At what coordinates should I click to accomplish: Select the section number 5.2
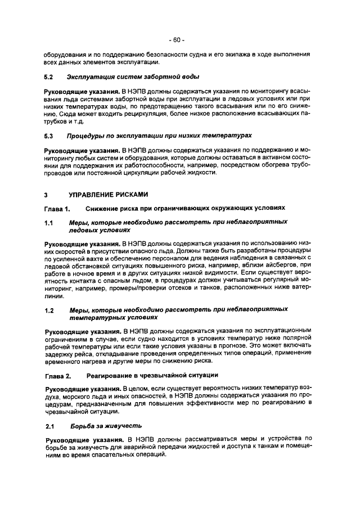[x=48, y=76]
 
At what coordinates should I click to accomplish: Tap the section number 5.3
[x=48, y=136]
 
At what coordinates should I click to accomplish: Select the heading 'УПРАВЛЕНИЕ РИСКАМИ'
[x=108, y=195]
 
